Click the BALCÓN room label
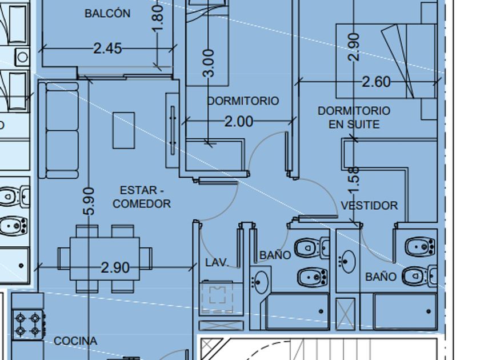click(x=107, y=13)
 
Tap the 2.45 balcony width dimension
click(x=107, y=49)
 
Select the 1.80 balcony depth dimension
click(x=157, y=18)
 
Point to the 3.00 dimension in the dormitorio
click(x=209, y=63)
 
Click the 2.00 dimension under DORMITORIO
click(x=239, y=122)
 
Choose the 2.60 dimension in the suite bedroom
click(x=376, y=82)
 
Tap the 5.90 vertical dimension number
click(x=89, y=201)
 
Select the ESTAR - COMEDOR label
click(x=142, y=197)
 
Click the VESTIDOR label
click(x=369, y=205)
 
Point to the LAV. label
click(x=217, y=262)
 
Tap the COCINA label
click(x=75, y=341)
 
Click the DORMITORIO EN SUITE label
click(x=354, y=117)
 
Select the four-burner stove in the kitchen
click(x=27, y=325)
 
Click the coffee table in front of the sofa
click(x=123, y=130)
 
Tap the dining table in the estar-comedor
click(x=105, y=259)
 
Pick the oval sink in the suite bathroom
click(x=348, y=262)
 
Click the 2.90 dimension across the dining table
click(x=115, y=268)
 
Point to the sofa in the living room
click(x=58, y=130)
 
